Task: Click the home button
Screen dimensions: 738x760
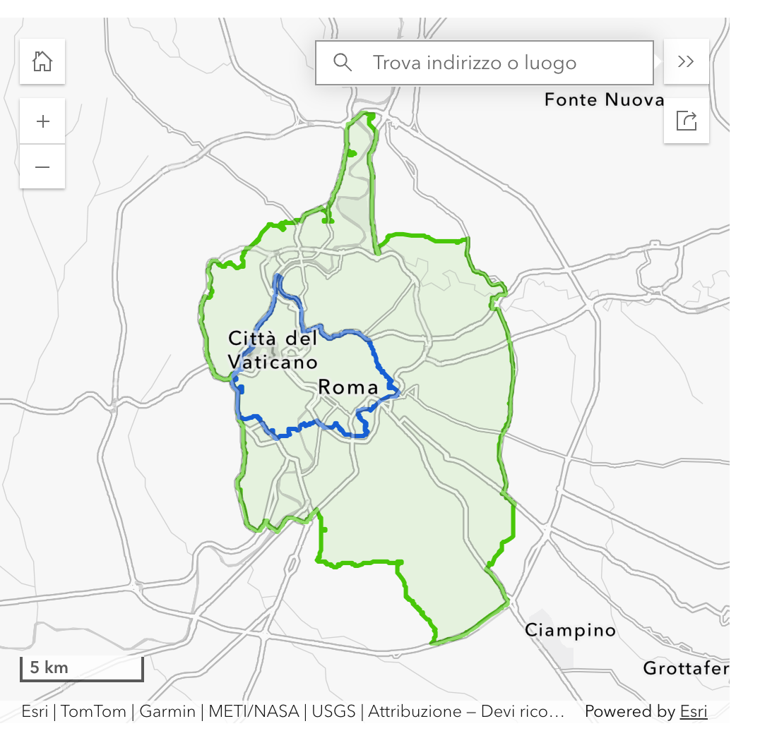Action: tap(42, 61)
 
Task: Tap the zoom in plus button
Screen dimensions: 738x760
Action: tap(42, 121)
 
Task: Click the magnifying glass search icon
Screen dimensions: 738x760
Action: tap(343, 63)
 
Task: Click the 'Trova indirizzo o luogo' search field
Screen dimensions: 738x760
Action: tap(494, 63)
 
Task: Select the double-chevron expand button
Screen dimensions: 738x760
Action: tap(686, 61)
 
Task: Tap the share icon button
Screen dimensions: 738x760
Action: tap(686, 121)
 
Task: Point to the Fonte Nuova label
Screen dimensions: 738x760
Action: tap(604, 100)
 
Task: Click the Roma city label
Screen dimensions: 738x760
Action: tap(348, 387)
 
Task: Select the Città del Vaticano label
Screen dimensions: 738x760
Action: tap(273, 350)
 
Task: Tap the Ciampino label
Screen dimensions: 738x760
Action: tap(570, 630)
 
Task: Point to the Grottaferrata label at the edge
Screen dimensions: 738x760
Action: tap(685, 667)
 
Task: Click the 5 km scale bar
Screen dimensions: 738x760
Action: tap(81, 668)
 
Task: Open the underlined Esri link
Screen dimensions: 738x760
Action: tap(694, 712)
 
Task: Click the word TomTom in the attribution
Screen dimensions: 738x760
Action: tap(93, 712)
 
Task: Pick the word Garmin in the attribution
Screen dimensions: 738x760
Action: tap(167, 712)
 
